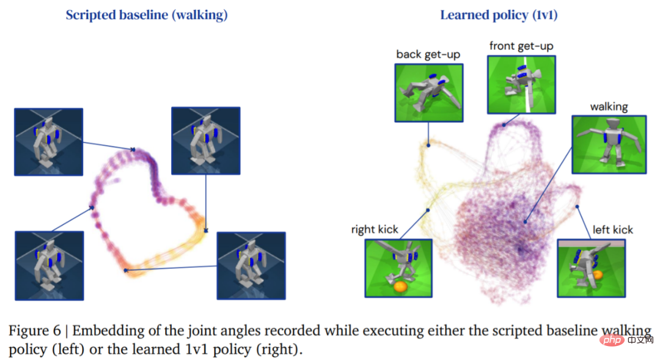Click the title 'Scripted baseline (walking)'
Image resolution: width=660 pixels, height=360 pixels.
(147, 15)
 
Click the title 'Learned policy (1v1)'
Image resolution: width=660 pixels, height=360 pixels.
(499, 15)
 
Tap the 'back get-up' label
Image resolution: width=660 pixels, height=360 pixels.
(428, 54)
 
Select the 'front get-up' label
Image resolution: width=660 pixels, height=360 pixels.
(521, 46)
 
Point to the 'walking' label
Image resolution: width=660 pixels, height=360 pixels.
(609, 106)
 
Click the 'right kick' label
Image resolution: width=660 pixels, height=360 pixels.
(375, 230)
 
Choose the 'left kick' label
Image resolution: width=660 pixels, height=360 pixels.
(613, 230)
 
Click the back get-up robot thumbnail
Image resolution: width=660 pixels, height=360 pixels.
(428, 91)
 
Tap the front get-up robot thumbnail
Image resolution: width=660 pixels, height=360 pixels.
(521, 84)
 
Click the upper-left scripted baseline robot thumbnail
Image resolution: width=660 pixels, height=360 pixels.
(48, 142)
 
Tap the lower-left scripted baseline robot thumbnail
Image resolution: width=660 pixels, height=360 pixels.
(48, 265)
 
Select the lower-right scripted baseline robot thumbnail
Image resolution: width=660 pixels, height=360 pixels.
(251, 265)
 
